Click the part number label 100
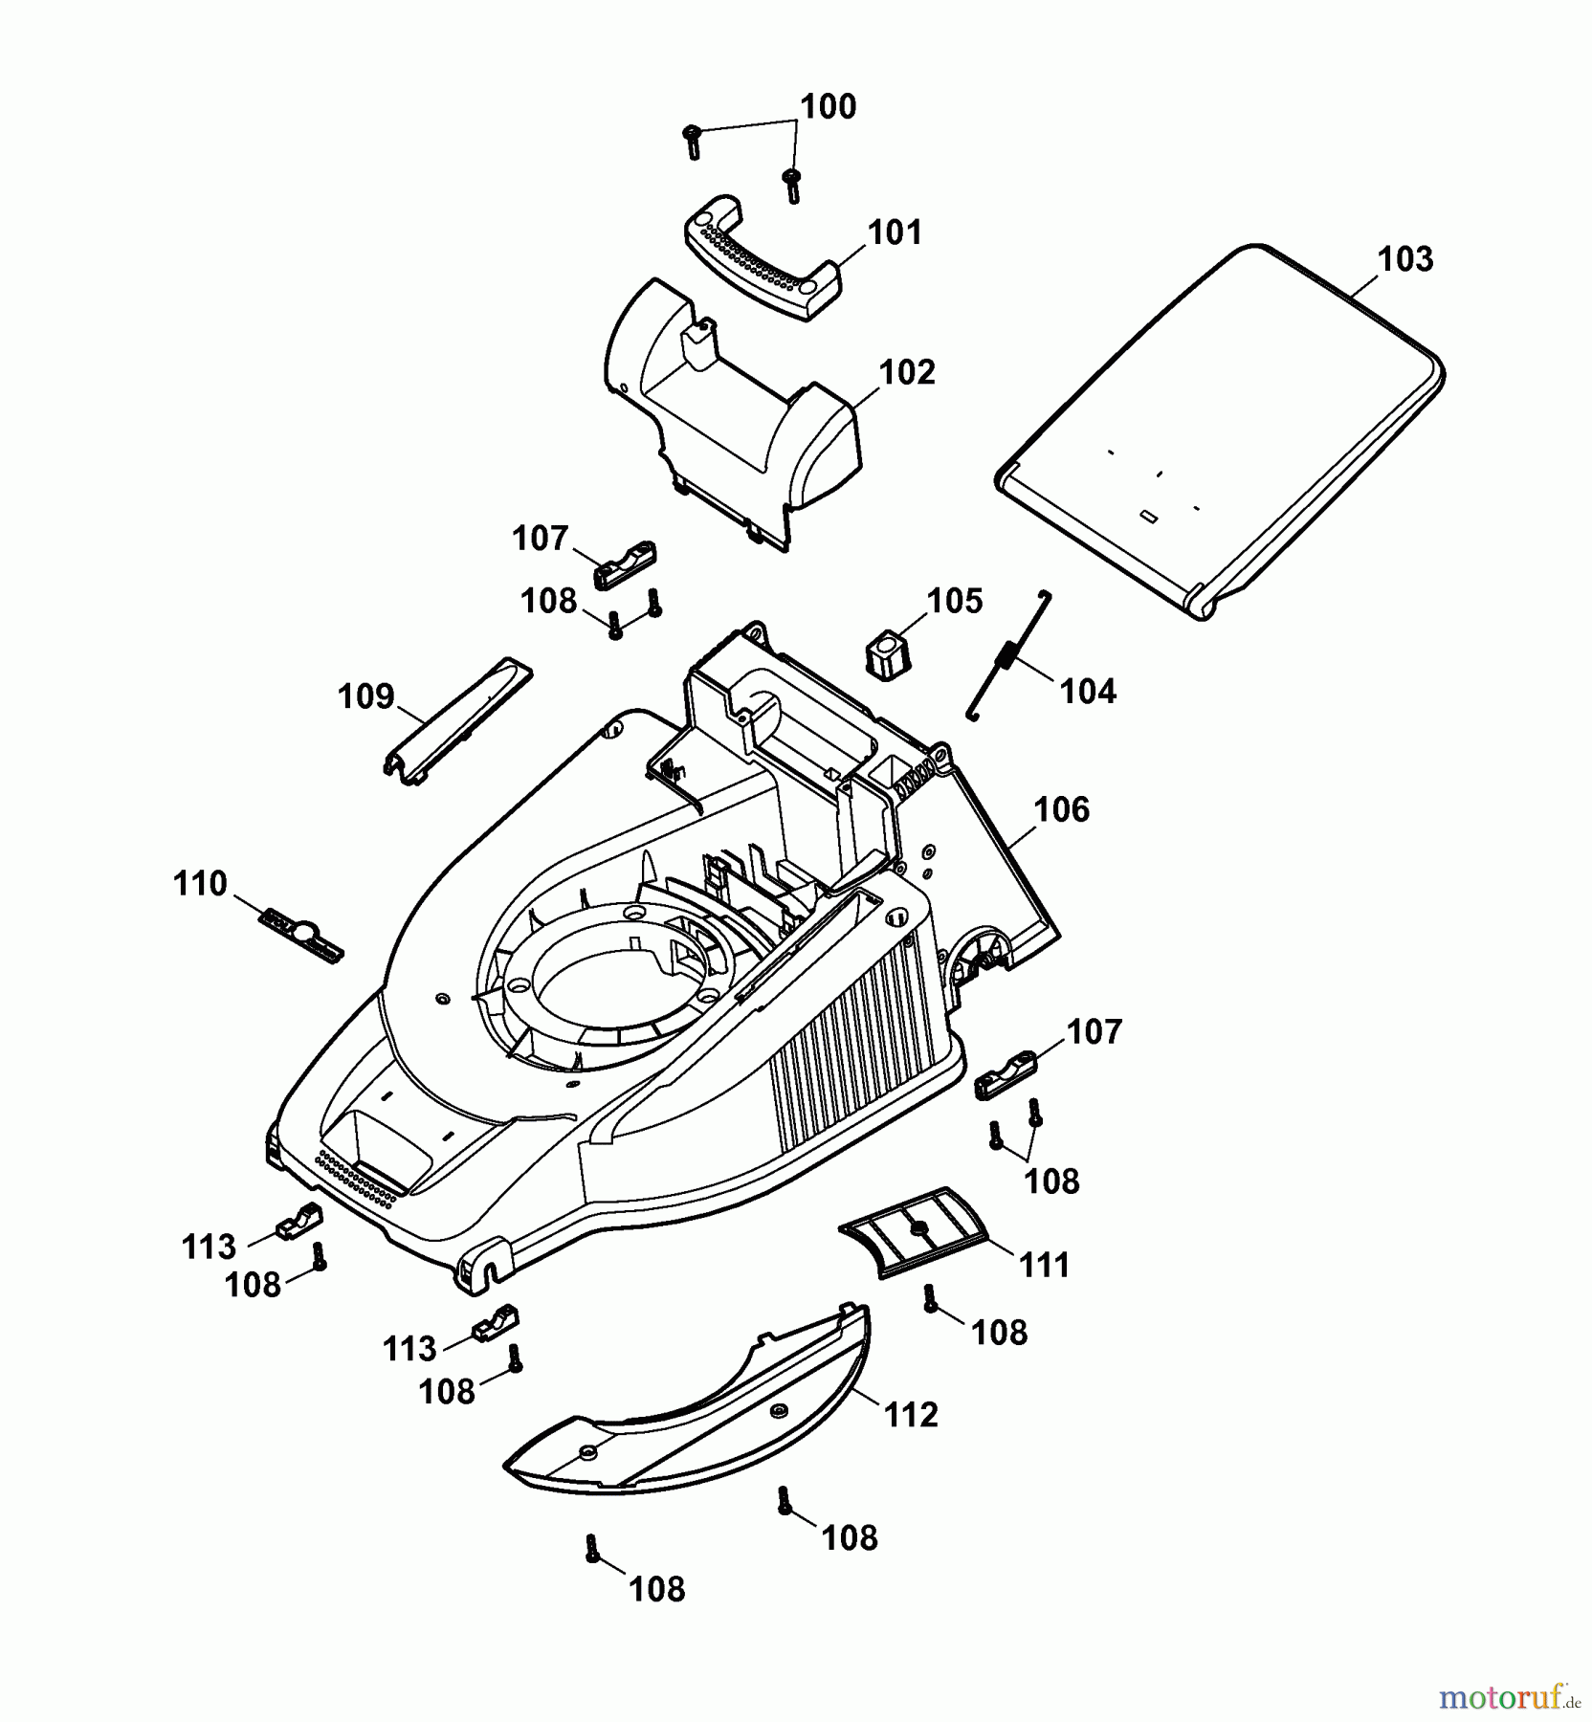point(828,107)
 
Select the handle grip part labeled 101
point(762,257)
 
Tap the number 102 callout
point(906,373)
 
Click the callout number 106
point(1061,810)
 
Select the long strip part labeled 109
point(457,721)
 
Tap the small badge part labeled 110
point(300,932)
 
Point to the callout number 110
point(200,884)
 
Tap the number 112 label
point(911,1416)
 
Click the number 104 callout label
point(1088,692)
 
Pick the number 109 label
point(365,697)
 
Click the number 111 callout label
point(1044,1267)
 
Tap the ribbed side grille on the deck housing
point(851,1043)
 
